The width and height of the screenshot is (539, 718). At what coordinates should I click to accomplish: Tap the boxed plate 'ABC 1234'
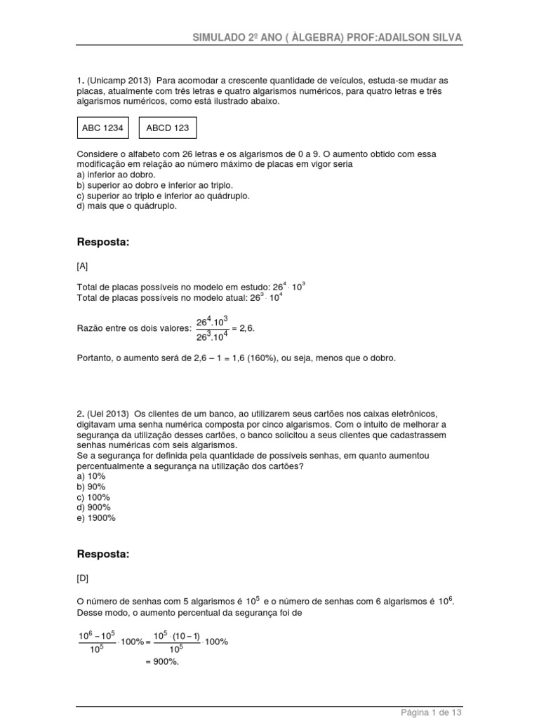pos(103,128)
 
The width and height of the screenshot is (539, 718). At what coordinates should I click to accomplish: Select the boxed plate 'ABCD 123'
pos(168,128)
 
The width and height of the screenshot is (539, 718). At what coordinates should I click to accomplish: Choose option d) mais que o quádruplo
pos(127,206)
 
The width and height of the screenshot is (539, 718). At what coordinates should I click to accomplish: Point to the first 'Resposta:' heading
pos(103,242)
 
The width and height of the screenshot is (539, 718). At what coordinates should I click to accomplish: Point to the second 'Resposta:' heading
pos(103,554)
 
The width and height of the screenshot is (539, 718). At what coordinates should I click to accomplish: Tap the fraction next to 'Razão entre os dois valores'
pos(212,327)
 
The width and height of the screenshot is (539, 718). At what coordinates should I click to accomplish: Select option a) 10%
pos(93,476)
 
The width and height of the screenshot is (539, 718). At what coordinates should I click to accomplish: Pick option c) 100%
pos(95,497)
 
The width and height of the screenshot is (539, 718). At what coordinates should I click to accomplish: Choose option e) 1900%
pos(97,518)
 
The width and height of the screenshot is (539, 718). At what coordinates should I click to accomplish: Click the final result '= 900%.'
pos(162,660)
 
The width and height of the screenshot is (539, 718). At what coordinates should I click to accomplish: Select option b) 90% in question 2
pos(93,487)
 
